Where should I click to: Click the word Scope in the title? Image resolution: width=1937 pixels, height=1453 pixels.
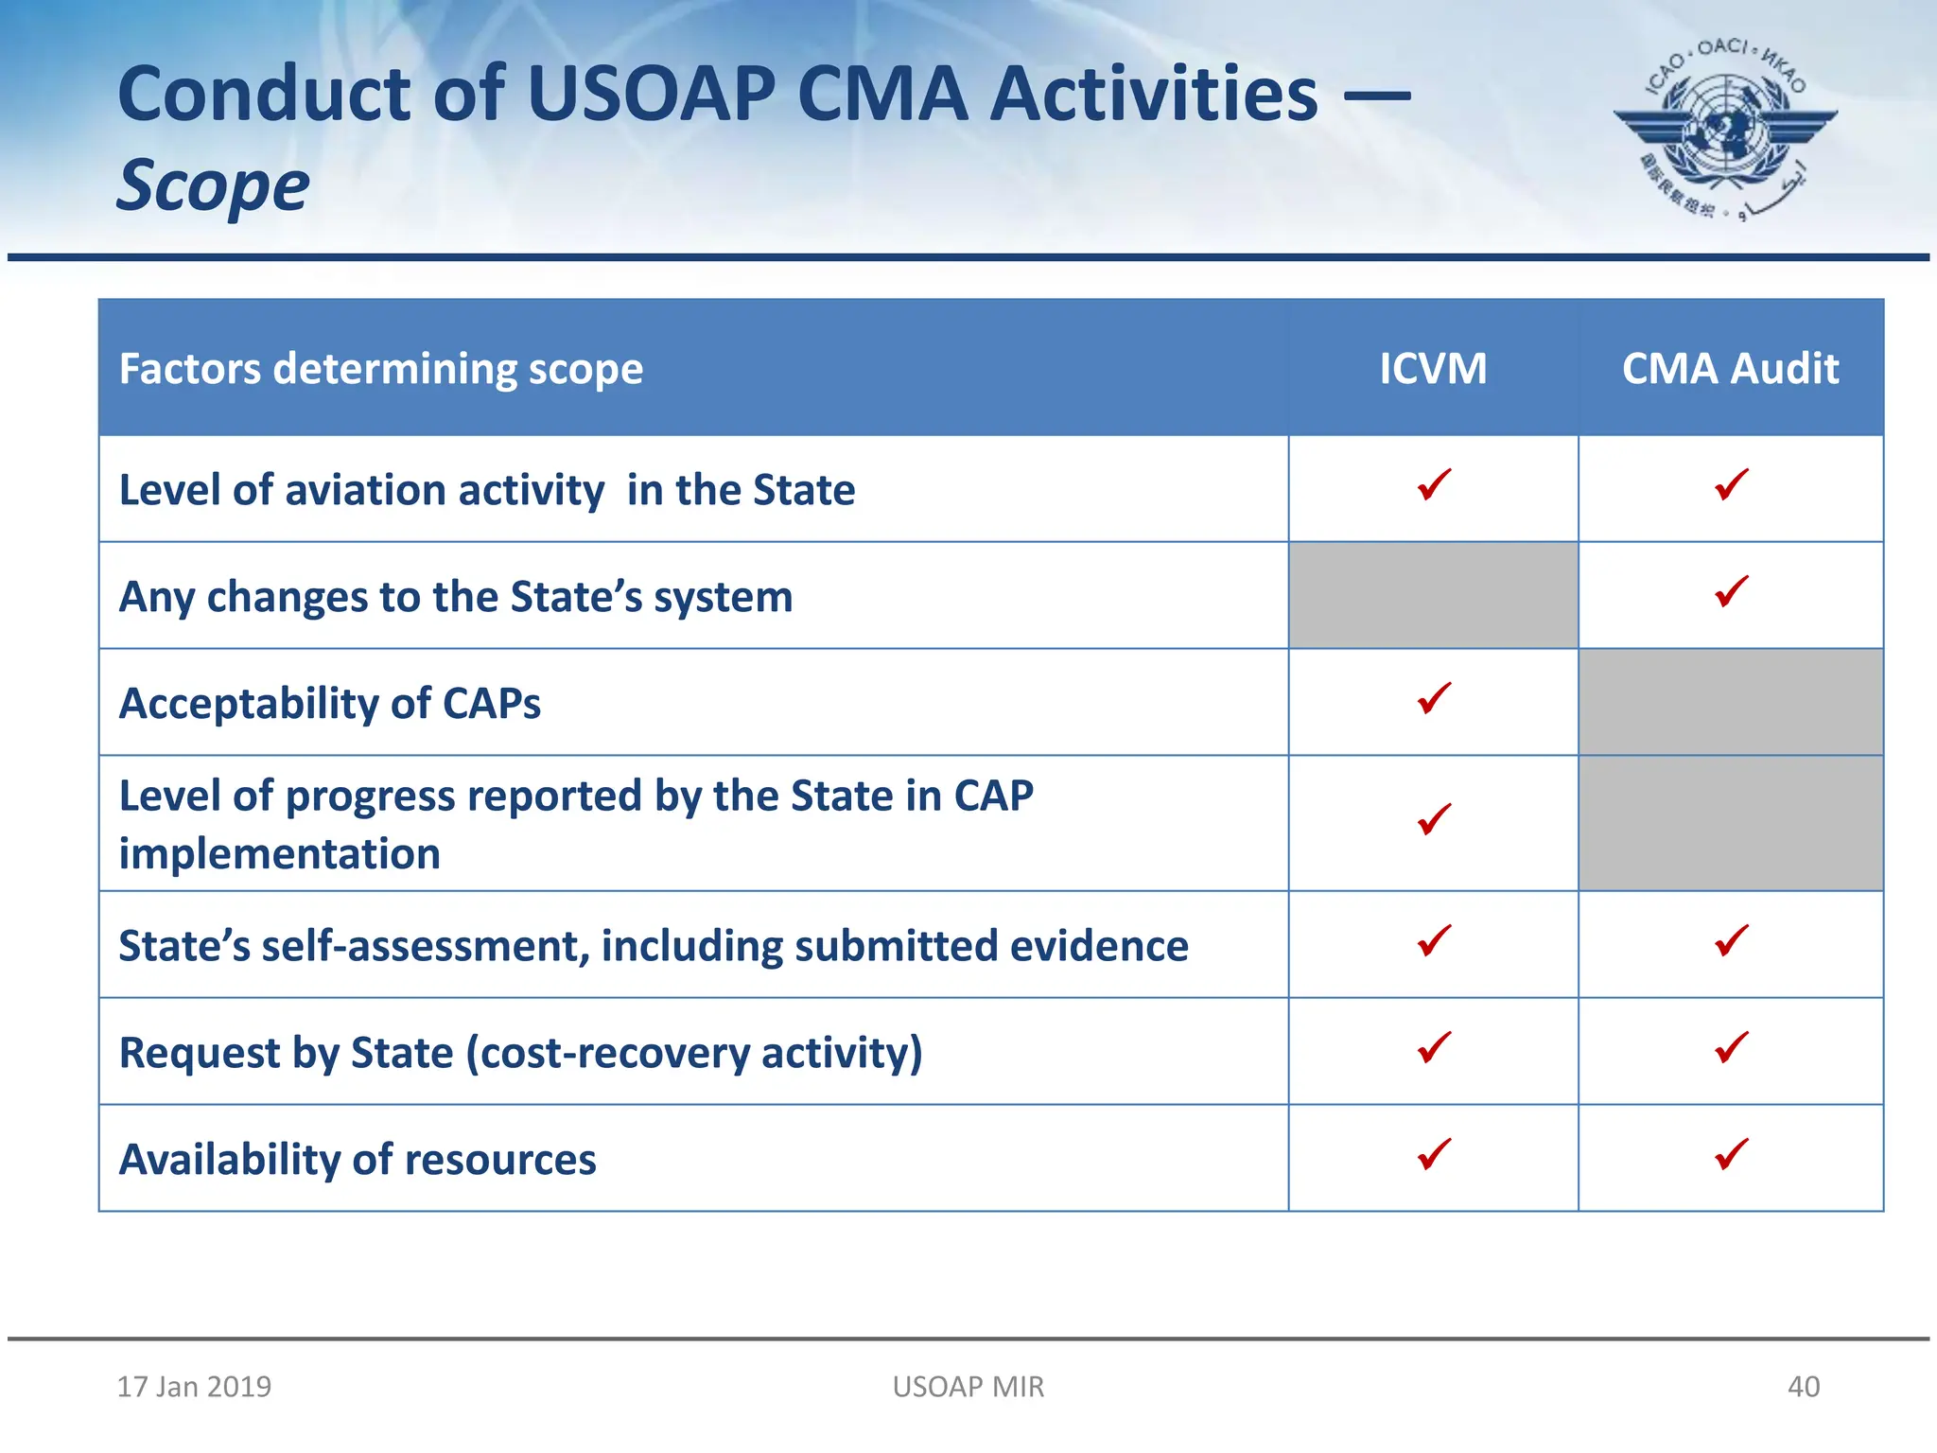[x=213, y=185]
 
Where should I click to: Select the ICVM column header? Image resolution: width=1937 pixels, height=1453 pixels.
[x=1432, y=368]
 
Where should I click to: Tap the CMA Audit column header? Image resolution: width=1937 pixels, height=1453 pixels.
[x=1730, y=368]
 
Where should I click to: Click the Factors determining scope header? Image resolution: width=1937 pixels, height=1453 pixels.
[x=380, y=368]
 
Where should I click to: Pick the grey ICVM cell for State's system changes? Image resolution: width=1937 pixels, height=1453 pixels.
[x=1432, y=595]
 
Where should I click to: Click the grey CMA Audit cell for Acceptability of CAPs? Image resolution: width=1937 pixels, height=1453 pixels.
[x=1730, y=702]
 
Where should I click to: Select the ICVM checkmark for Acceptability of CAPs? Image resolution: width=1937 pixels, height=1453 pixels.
[x=1434, y=698]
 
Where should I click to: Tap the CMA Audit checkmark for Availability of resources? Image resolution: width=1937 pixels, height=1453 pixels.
[x=1731, y=1154]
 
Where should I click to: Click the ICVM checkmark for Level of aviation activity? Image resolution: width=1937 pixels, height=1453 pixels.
[x=1434, y=484]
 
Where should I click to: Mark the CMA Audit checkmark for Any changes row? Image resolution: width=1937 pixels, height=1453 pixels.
[x=1731, y=591]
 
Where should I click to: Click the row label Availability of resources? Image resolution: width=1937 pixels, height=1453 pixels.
[x=358, y=1159]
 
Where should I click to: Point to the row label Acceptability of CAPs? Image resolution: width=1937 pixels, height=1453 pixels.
[x=329, y=703]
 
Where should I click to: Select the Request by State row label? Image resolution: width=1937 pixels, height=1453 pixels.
[x=520, y=1052]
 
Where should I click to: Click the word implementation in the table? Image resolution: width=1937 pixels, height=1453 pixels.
[x=279, y=853]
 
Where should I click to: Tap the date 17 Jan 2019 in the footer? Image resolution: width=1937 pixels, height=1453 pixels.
[x=194, y=1386]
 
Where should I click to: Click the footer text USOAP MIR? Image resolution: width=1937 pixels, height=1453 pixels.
[x=968, y=1386]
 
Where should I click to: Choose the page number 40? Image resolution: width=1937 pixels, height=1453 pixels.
[x=1803, y=1386]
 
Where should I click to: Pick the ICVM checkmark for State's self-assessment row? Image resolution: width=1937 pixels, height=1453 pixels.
[x=1434, y=940]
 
